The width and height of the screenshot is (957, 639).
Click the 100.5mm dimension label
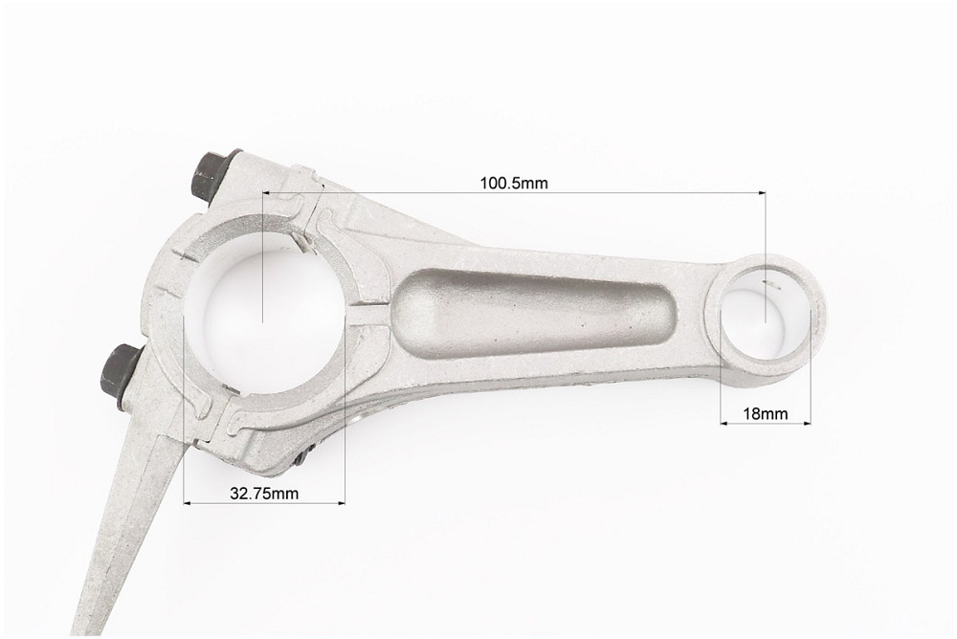[x=513, y=183]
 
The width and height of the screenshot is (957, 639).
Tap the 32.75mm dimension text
[x=264, y=494]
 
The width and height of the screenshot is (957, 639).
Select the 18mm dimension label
[x=766, y=414]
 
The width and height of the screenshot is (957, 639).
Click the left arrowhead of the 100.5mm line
[x=267, y=193]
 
